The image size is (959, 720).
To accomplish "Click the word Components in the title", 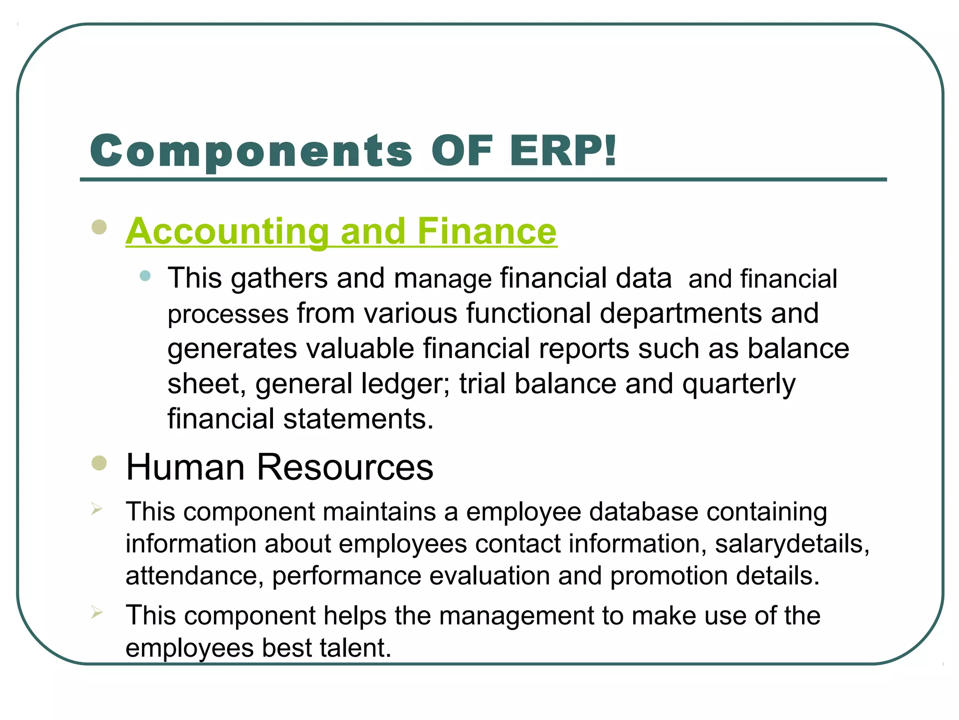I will [251, 151].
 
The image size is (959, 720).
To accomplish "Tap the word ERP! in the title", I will [563, 151].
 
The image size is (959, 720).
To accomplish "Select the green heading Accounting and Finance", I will [341, 232].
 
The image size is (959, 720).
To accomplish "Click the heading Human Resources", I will [280, 467].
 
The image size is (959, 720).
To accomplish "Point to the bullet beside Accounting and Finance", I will [99, 227].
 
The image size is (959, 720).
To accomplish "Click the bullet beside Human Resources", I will [99, 463].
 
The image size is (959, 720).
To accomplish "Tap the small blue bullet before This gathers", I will [145, 276].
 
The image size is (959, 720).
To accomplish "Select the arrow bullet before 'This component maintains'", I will [96, 509].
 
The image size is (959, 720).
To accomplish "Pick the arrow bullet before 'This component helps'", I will [96, 613].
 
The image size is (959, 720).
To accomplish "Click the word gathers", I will [279, 278].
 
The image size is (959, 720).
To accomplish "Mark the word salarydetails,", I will [792, 544].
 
